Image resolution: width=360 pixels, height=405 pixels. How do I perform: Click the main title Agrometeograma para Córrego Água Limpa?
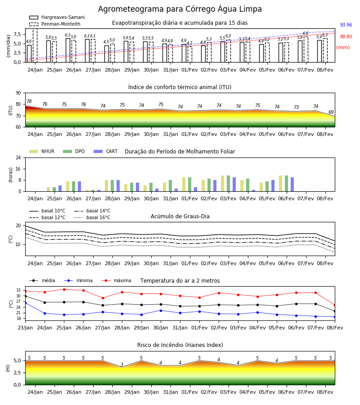[180, 9]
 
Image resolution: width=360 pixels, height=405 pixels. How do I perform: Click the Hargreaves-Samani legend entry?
[57, 17]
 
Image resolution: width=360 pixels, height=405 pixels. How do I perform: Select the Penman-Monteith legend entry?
[55, 24]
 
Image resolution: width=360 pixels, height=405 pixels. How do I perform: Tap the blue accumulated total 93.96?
[346, 25]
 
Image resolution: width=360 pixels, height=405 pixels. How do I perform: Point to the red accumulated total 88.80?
[346, 36]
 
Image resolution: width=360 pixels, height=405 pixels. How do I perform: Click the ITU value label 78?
[29, 101]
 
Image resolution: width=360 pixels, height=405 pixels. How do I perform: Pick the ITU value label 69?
[331, 112]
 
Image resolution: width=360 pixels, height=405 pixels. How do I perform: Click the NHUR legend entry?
[42, 151]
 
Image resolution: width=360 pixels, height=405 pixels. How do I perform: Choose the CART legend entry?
[106, 151]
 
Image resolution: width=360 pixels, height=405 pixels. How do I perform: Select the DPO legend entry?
[74, 151]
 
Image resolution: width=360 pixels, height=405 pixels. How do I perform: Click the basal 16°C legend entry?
[92, 217]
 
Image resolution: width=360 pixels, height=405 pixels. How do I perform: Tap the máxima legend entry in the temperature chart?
[116, 280]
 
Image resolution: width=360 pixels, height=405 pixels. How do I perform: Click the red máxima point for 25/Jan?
[64, 289]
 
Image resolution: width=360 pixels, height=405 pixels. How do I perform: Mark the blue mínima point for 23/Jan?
[26, 303]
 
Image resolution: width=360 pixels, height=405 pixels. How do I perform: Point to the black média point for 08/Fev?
[335, 311]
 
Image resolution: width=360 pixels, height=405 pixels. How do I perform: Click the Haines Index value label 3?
[122, 364]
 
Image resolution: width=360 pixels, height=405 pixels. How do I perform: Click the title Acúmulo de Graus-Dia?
[180, 216]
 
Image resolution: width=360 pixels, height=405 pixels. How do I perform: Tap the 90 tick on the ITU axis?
[18, 93]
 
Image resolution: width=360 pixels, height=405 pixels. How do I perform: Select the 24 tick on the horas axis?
[18, 158]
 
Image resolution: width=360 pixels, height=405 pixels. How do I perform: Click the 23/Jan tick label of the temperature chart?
[25, 328]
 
